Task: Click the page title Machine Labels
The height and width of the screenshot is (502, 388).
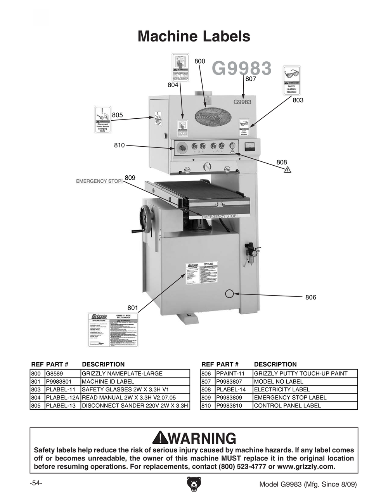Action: tap(194, 36)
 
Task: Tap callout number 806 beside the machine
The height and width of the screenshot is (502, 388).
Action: tap(310, 297)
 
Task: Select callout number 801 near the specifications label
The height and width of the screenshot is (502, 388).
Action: tap(133, 308)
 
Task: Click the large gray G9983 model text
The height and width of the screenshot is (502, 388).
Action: tap(241, 69)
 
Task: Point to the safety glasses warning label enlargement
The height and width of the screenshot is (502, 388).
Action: tap(291, 81)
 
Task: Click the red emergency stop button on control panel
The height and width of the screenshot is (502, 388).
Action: tap(182, 147)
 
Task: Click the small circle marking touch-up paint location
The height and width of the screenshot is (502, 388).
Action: tap(230, 293)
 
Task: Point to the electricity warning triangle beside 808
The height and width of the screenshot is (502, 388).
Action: tap(287, 170)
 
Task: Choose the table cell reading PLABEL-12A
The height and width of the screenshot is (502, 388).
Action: tap(62, 397)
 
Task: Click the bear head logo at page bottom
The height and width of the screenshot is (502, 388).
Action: tap(194, 483)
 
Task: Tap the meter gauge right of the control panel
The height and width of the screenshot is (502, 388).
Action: tap(249, 147)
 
